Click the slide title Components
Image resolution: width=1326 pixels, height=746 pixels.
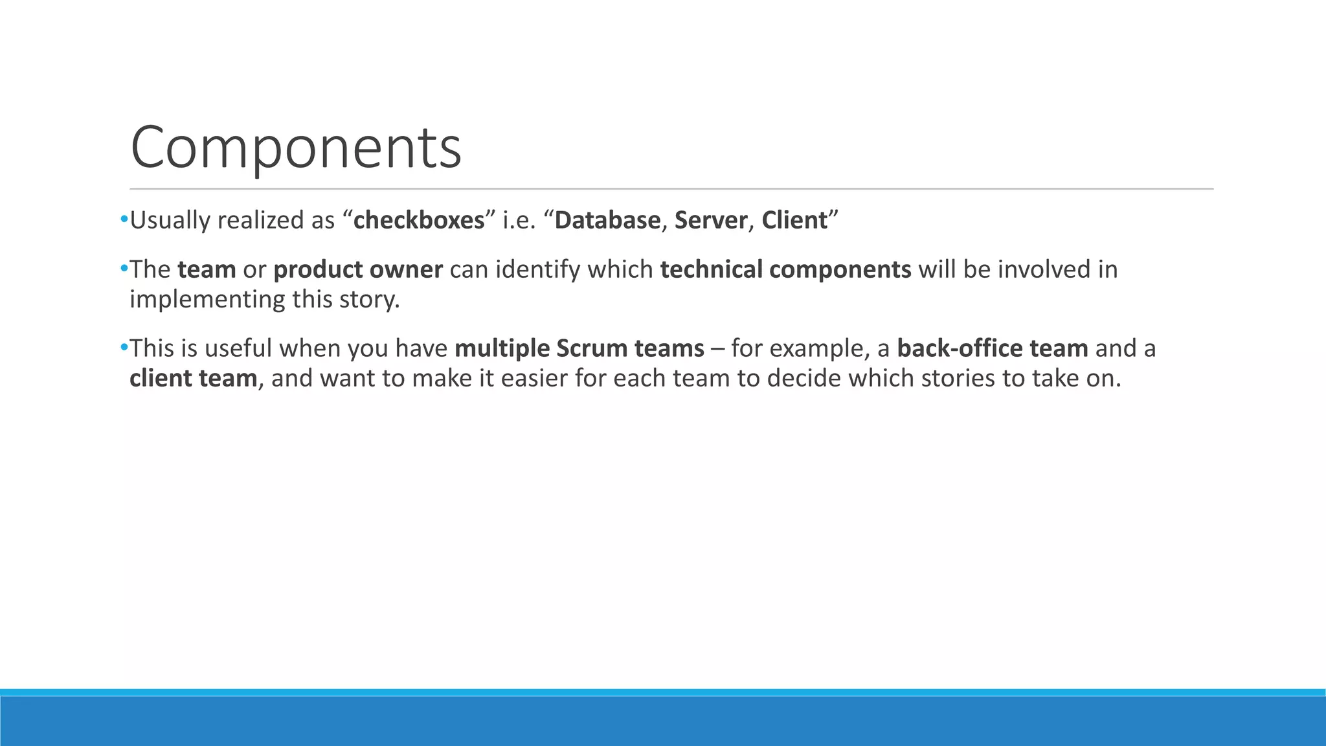coord(296,148)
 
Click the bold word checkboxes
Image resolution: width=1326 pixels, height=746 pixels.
coord(419,221)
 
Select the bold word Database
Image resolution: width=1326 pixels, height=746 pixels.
coord(607,221)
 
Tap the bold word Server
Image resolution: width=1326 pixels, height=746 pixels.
coord(710,221)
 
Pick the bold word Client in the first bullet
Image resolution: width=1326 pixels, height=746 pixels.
coord(794,221)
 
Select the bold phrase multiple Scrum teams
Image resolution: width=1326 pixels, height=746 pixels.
coord(579,349)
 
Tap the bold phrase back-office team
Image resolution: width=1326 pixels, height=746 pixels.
coord(992,349)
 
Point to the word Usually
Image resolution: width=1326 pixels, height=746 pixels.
coord(170,221)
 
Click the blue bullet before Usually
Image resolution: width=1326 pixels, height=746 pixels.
coord(124,220)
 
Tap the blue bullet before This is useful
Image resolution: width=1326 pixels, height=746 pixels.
coord(124,348)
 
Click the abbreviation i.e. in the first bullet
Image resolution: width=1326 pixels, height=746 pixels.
coord(520,221)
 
